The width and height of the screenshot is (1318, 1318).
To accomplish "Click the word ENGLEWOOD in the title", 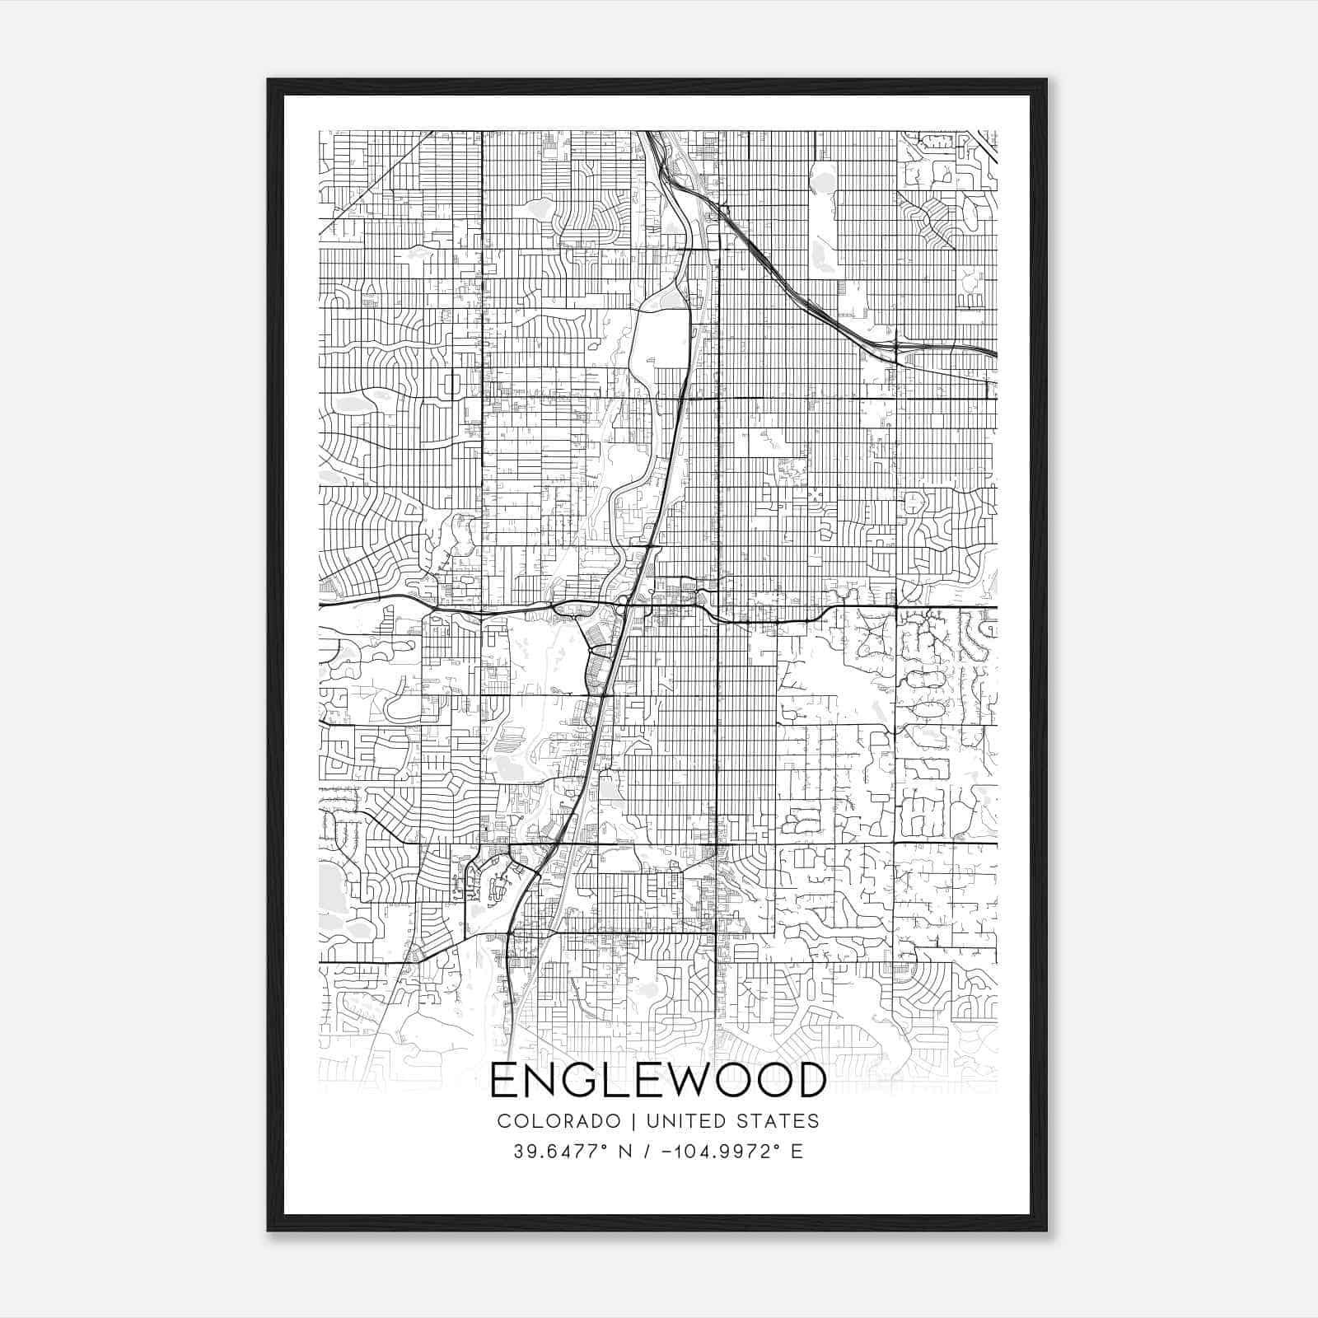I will [x=657, y=1080].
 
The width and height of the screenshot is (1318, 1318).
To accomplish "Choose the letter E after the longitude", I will [x=797, y=1152].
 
